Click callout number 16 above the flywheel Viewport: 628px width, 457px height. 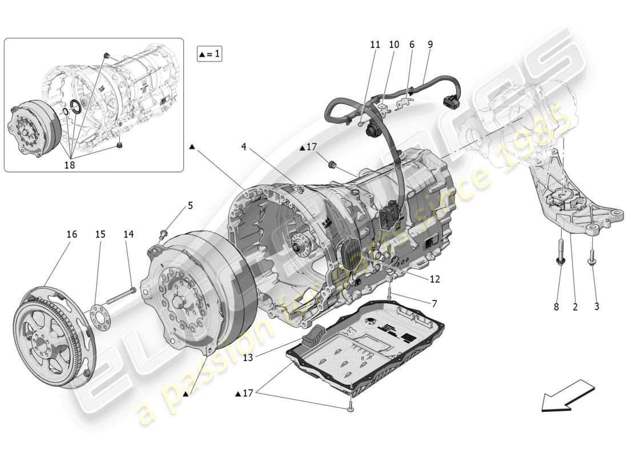coord(71,234)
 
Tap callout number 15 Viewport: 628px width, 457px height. coord(100,234)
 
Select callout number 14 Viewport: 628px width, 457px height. coord(128,234)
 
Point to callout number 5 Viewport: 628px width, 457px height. coord(190,205)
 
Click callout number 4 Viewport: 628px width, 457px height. coord(243,147)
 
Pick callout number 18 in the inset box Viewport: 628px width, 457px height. coord(70,165)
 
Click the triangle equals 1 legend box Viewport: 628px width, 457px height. coord(209,54)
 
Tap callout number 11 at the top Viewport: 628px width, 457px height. coord(375,44)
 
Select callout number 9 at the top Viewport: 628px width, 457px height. coord(429,44)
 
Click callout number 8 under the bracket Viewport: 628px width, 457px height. coord(556,307)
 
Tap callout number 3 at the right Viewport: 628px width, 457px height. coord(597,307)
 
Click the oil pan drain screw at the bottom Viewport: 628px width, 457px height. coord(349,407)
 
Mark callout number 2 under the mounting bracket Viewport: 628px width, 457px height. coord(575,307)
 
